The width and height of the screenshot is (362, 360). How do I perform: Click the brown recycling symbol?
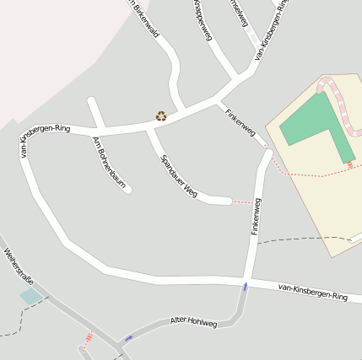160,116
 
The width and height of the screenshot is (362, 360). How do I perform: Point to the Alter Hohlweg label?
193,322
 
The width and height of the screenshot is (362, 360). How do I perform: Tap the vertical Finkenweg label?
256,217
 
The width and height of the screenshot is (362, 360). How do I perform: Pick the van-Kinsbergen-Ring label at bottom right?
312,293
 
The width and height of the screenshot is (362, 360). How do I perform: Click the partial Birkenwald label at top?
145,19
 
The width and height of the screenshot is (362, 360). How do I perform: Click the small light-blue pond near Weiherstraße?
31,297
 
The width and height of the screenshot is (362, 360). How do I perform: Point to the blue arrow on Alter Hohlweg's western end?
129,338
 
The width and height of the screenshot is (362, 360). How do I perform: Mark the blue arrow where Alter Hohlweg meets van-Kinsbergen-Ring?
246,287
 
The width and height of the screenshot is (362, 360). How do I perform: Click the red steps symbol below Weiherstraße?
87,341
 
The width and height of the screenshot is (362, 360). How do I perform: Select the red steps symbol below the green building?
350,165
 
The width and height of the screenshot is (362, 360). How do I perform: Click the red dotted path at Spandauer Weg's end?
243,202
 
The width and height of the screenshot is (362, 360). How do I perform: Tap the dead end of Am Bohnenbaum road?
127,189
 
